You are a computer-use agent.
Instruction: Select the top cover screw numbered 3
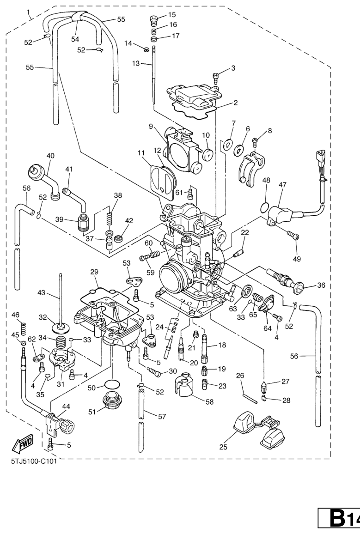coord(216,75)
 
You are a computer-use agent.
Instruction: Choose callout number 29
coord(94,273)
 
